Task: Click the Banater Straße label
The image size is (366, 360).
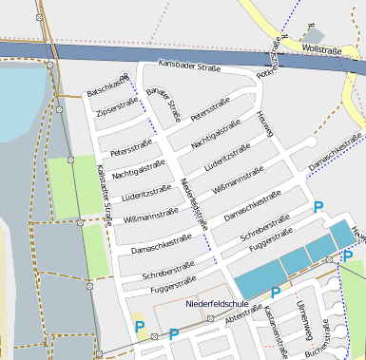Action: point(163,104)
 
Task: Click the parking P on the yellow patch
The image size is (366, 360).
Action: point(140,327)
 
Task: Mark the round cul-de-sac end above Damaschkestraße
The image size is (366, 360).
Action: point(308,142)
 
